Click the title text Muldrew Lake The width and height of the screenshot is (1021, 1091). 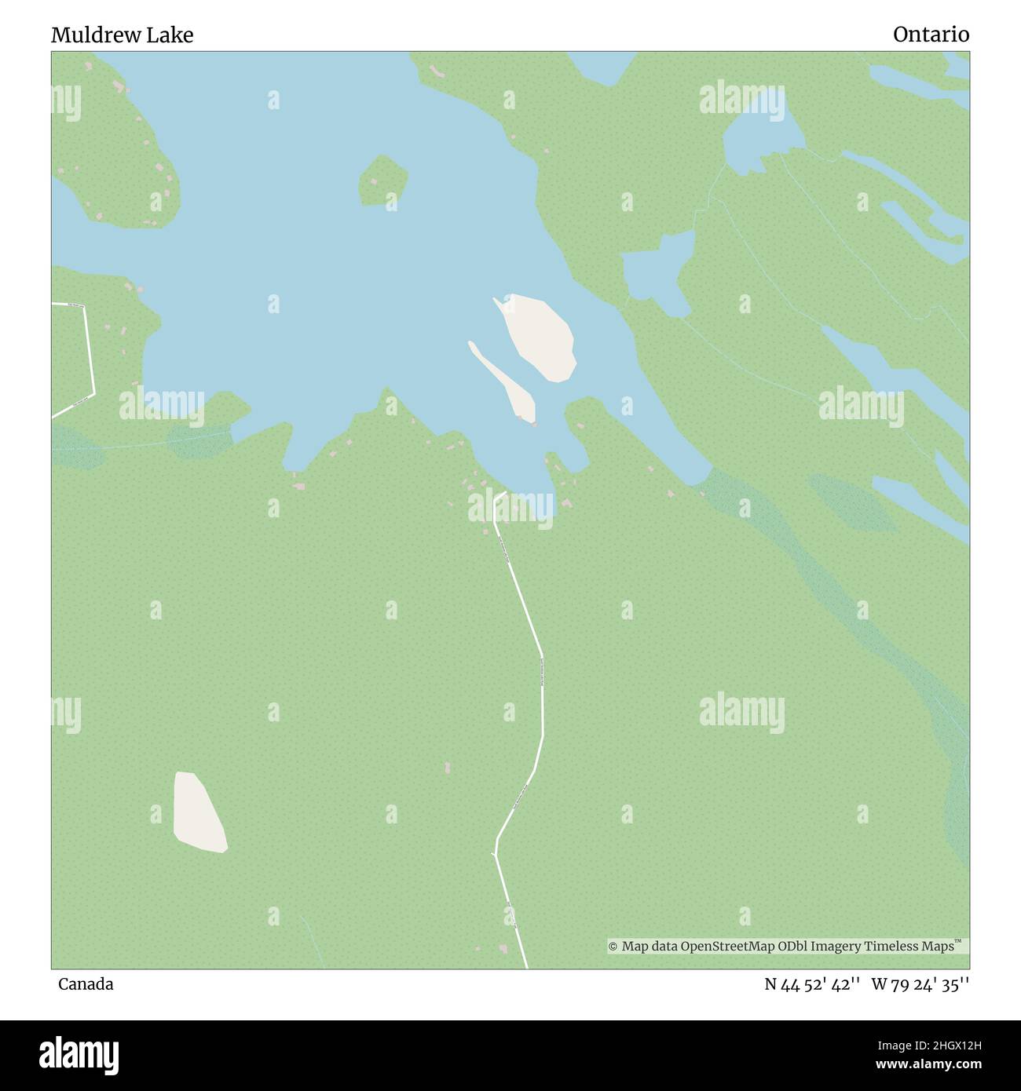pyautogui.click(x=122, y=35)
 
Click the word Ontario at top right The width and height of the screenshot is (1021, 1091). pyautogui.click(x=931, y=35)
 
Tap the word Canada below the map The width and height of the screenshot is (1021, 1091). pyautogui.click(x=86, y=984)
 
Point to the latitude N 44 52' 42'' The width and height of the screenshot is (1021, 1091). pyautogui.click(x=811, y=984)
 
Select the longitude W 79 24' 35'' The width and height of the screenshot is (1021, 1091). pyautogui.click(x=920, y=984)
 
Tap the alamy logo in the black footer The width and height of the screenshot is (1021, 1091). pyautogui.click(x=79, y=1055)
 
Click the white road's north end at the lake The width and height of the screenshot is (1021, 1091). pyautogui.click(x=500, y=496)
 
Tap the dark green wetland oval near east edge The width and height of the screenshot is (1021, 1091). pyautogui.click(x=852, y=502)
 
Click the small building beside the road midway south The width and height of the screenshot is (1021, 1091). pyautogui.click(x=448, y=767)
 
